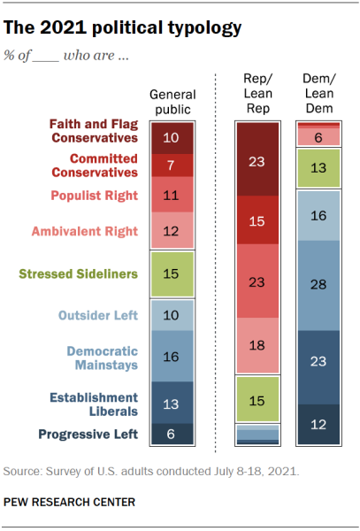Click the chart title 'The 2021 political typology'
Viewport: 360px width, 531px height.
(x=122, y=27)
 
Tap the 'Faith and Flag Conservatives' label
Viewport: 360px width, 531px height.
(x=94, y=131)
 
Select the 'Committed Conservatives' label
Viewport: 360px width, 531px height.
(x=95, y=165)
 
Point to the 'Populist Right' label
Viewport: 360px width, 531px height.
(x=95, y=196)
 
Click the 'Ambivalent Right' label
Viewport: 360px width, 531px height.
(x=85, y=231)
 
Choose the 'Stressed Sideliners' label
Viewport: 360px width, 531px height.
(x=78, y=274)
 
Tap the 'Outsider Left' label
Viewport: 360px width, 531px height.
(x=98, y=315)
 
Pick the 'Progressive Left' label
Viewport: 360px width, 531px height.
(x=88, y=435)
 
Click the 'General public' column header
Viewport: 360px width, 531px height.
(x=172, y=102)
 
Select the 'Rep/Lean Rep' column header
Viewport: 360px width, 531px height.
(x=257, y=94)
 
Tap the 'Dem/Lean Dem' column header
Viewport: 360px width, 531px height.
(x=319, y=94)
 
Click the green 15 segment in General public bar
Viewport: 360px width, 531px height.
(x=172, y=274)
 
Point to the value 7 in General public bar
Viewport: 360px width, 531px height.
(x=171, y=165)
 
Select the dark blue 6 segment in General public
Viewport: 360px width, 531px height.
(x=172, y=434)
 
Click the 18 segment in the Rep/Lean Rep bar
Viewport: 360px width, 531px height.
(x=257, y=345)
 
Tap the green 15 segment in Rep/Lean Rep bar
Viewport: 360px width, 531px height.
(x=257, y=399)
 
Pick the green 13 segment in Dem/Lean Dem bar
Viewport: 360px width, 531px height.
(x=318, y=168)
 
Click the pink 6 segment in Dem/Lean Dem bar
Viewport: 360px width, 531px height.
(x=318, y=137)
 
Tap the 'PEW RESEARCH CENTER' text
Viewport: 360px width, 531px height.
(x=69, y=502)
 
